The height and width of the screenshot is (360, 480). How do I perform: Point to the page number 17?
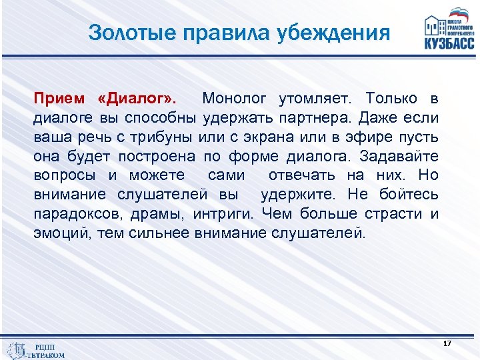pyautogui.click(x=447, y=343)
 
